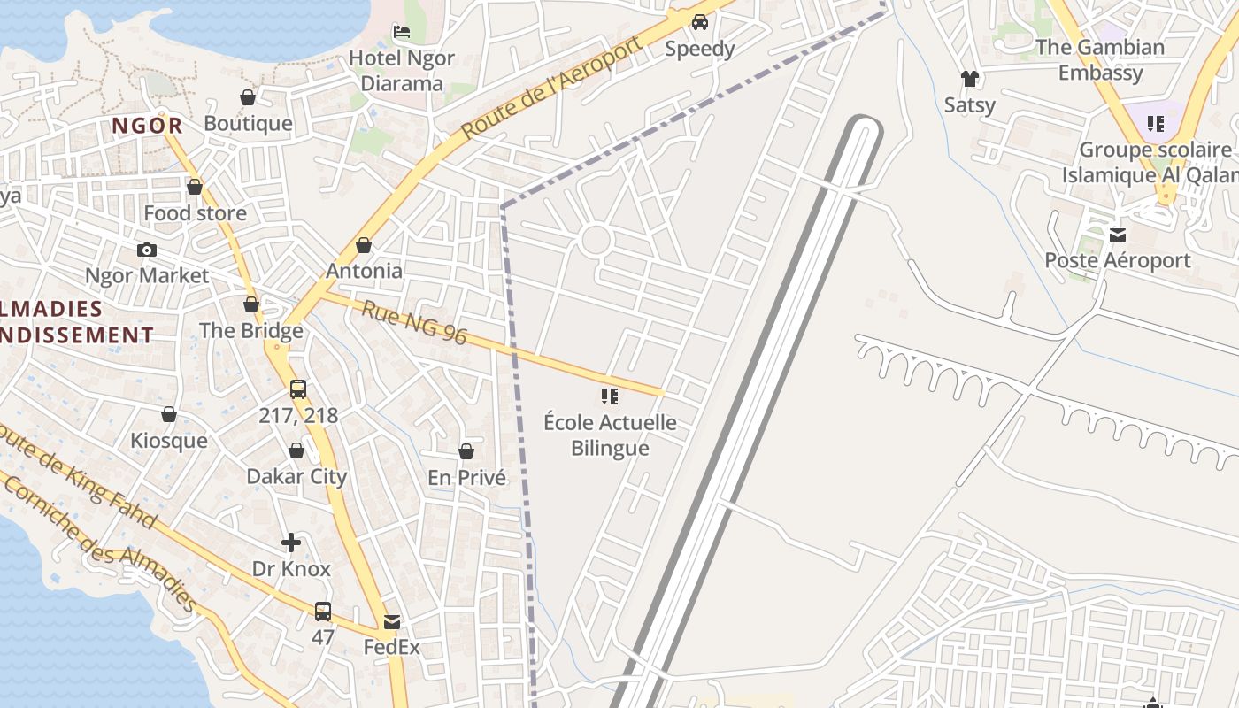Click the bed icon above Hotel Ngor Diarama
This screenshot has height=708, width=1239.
coord(402,32)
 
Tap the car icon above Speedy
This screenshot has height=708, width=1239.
coord(700,22)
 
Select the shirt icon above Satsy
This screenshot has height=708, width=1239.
coord(970,79)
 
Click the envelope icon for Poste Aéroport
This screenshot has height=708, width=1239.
coord(1118,235)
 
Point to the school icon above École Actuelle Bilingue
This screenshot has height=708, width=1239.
coord(610,396)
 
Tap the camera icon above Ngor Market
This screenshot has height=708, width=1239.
coord(147,250)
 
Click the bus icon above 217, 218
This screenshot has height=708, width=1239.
coord(298,389)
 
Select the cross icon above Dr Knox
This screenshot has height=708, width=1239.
coord(291,543)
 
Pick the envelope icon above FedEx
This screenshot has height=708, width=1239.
coord(392,621)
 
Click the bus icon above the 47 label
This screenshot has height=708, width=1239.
coord(323,611)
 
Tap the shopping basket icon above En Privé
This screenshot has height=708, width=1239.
coord(466,452)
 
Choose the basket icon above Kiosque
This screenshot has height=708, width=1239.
coord(169,414)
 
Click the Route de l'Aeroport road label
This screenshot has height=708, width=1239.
coord(551,88)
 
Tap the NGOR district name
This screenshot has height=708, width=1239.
coord(148,126)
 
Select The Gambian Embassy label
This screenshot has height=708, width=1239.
coord(1100,59)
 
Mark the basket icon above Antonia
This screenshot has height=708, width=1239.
coord(364,245)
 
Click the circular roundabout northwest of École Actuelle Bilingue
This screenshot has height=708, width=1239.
coord(596,240)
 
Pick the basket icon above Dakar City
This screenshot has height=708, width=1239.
coord(296,451)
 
